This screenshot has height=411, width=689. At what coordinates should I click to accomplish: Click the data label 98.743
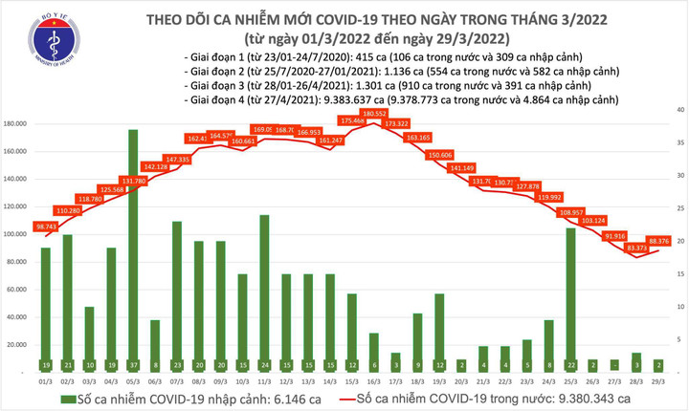[x=46, y=227]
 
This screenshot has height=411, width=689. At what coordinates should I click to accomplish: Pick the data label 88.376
[x=658, y=241]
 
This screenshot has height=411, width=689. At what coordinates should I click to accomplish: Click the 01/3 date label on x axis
[x=46, y=379]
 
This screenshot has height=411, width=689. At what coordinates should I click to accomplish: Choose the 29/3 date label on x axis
[x=659, y=379]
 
